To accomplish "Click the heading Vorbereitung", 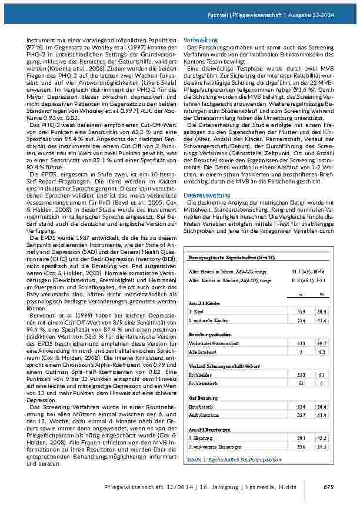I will pos(201,39).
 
